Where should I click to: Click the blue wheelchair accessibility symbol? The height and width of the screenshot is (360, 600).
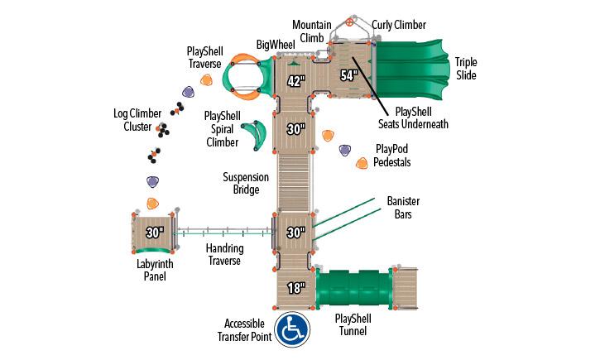[x=292, y=329]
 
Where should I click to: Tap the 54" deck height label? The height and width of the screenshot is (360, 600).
[x=348, y=75]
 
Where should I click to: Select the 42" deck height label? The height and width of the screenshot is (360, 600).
[x=296, y=81]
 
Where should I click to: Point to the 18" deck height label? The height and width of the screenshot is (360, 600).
[x=295, y=288]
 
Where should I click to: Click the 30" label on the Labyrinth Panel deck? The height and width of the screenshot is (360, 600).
[x=155, y=232]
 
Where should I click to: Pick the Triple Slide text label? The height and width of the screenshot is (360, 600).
[x=466, y=69]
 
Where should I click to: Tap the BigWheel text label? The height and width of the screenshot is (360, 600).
[x=274, y=43]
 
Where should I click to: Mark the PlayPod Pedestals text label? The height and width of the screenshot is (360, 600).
[x=392, y=156]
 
